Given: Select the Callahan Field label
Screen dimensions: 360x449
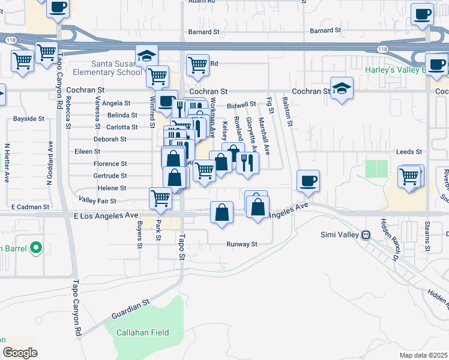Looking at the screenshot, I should (x=142, y=332).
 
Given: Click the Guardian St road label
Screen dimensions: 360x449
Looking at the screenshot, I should (x=130, y=310).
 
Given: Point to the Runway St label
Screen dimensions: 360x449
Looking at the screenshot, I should (x=241, y=244).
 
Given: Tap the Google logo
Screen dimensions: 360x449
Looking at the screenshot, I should (x=19, y=353).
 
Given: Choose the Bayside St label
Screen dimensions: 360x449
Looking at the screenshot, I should (x=29, y=119).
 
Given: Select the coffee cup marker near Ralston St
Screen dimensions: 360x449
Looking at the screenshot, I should (x=308, y=181).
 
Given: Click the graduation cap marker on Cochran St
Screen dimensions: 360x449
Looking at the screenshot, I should (x=342, y=89).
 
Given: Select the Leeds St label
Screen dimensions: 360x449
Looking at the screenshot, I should (x=409, y=152).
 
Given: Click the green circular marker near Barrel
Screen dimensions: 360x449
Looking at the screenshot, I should (x=35, y=247).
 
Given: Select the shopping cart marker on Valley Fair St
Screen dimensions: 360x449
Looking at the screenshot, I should (x=160, y=197).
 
